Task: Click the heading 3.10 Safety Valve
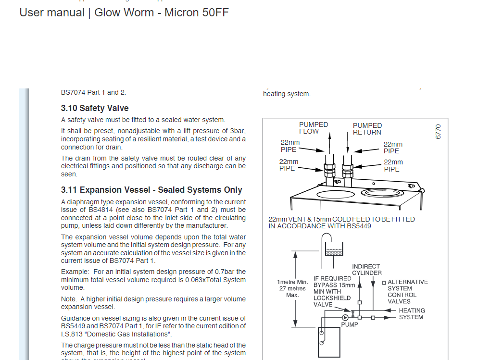pyautogui.click(x=95, y=108)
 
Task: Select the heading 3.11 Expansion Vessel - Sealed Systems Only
pyautogui.click(x=151, y=190)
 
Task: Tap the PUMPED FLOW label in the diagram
pyautogui.click(x=314, y=128)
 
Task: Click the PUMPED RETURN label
pyautogui.click(x=367, y=129)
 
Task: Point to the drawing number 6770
pyautogui.click(x=438, y=132)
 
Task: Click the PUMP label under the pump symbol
pyautogui.click(x=350, y=325)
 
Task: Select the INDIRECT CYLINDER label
pyautogui.click(x=366, y=270)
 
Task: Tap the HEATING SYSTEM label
pyautogui.click(x=411, y=314)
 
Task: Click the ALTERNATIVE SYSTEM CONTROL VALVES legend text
pyautogui.click(x=407, y=292)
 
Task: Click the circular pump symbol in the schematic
pyautogui.click(x=345, y=317)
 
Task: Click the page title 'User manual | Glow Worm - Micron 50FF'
pyautogui.click(x=124, y=12)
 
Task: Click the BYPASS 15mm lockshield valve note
pyautogui.click(x=334, y=291)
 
